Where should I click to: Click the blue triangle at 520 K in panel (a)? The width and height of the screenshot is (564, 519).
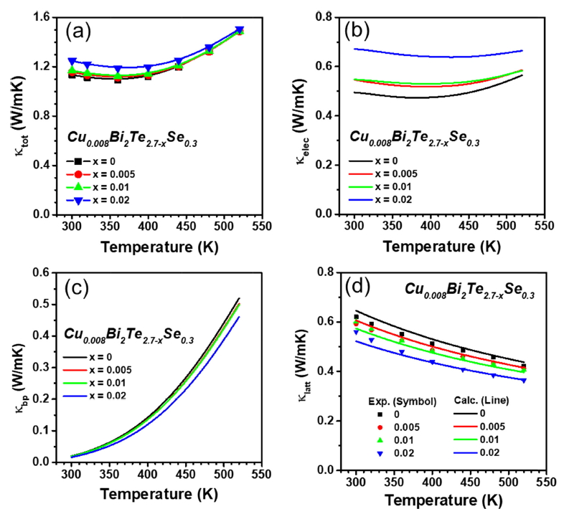click(x=240, y=30)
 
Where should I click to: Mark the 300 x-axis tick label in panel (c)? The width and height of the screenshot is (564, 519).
click(x=72, y=475)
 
